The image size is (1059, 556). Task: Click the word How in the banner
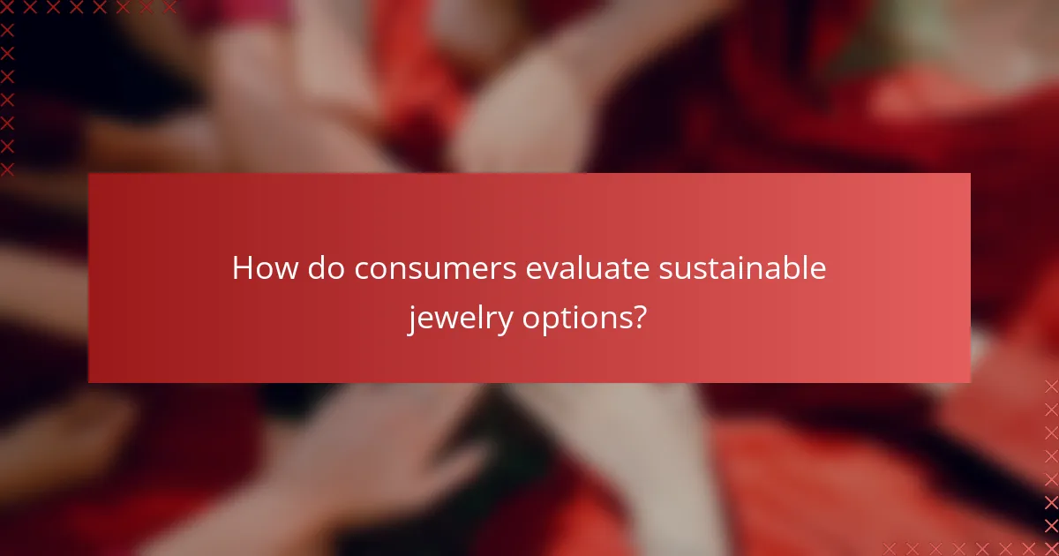point(265,268)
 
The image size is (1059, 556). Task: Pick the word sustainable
point(743,268)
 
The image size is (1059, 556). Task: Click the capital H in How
point(243,268)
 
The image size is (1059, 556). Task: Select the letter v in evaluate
point(549,271)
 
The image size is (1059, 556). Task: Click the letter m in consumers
point(464,271)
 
